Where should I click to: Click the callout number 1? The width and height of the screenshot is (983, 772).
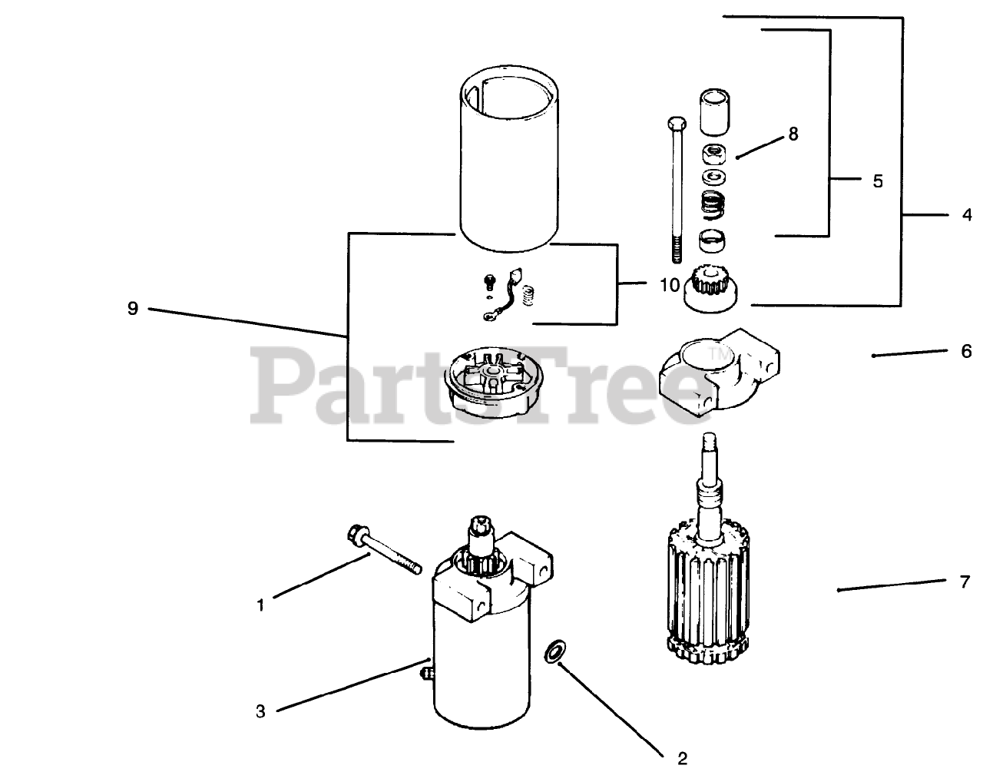point(260,605)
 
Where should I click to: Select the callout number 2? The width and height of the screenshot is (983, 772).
point(681,759)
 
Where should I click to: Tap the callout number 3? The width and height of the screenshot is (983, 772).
point(260,711)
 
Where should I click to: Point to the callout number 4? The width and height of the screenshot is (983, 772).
point(966,216)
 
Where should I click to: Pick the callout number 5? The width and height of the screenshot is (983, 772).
point(878,181)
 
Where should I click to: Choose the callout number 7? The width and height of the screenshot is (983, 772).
point(965,581)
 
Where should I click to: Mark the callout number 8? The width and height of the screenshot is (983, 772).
point(793,134)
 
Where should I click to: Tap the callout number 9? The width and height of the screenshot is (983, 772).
point(132,309)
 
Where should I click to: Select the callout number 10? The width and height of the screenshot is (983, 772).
point(669,285)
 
